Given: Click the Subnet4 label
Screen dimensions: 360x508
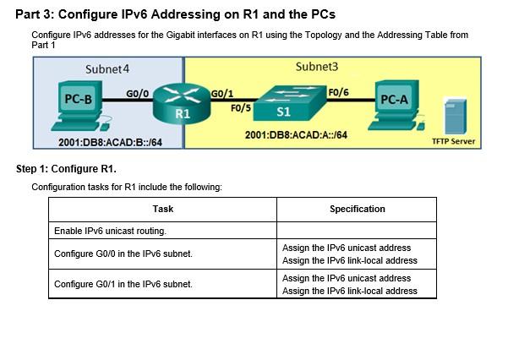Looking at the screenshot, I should coord(107,68).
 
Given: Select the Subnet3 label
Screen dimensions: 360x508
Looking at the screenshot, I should coord(317,66).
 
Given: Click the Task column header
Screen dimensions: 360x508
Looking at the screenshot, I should coord(163,209).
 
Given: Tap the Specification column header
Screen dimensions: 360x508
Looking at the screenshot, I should coord(357,209).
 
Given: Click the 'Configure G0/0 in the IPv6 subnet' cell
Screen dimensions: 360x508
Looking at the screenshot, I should coord(123,254).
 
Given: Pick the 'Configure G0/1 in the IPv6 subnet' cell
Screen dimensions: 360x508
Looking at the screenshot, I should coord(123,284).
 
